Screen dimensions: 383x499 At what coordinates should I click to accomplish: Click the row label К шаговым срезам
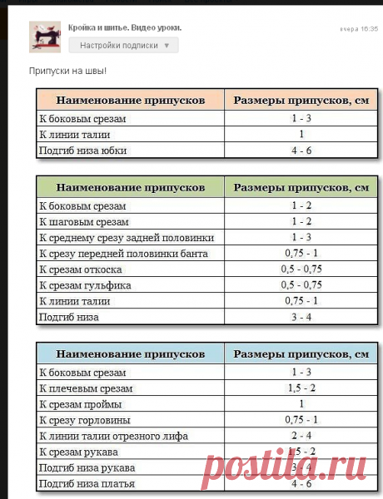(x=82, y=221)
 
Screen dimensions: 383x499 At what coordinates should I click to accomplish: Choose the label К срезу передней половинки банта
(x=123, y=253)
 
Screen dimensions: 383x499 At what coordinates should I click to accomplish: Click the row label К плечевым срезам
(x=86, y=388)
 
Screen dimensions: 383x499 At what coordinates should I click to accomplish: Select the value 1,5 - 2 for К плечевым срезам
(x=301, y=388)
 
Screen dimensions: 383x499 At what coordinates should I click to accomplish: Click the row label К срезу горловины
(x=85, y=420)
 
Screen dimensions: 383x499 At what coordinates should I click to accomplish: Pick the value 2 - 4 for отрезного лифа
(x=301, y=436)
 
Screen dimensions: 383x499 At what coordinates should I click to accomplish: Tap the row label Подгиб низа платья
(x=87, y=483)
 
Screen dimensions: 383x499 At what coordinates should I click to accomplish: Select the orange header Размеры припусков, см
(x=301, y=100)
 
